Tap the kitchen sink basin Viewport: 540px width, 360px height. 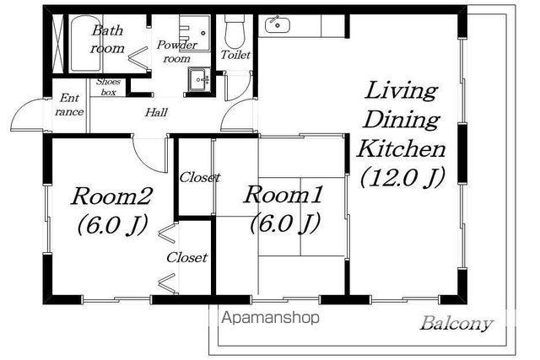[278, 24]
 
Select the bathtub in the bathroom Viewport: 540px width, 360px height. [86, 43]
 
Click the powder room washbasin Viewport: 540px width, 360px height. [199, 80]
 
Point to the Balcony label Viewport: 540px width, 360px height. [456, 324]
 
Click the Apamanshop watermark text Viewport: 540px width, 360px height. [270, 318]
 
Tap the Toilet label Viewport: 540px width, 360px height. [235, 54]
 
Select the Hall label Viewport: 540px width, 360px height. [156, 112]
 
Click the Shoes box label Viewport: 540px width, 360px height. [108, 87]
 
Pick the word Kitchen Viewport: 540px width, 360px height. [402, 149]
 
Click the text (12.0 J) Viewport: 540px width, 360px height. [402, 177]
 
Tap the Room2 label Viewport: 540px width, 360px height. [111, 196]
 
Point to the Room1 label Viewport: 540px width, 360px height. [283, 194]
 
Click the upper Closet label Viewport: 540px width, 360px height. [200, 178]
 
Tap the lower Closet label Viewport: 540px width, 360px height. [187, 257]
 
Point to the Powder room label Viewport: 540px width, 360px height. [176, 51]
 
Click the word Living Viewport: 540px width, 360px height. [402, 91]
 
